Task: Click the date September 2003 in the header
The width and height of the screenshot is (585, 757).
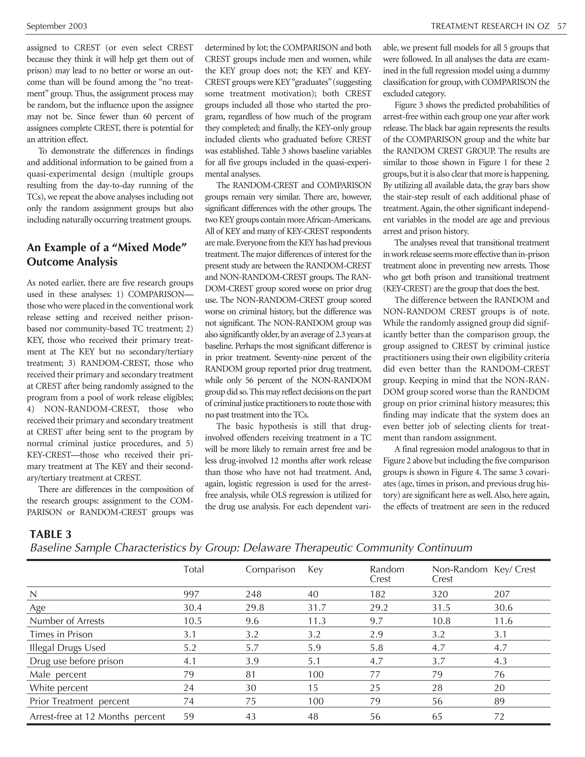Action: coord(57,26)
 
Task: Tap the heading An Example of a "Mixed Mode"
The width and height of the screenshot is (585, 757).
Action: coord(107,247)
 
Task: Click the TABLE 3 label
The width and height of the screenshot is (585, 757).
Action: coord(51,534)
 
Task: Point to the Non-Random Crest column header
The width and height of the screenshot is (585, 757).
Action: coord(459,574)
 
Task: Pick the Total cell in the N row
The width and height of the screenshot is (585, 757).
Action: coord(191,594)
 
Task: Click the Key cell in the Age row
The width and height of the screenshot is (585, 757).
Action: coord(317,608)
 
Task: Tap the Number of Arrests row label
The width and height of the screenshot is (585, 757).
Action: coord(67,621)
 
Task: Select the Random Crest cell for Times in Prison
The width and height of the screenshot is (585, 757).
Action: coord(376,634)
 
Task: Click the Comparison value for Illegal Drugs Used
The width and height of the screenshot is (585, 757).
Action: coord(252,648)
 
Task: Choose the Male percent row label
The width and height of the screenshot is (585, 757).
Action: coord(58,674)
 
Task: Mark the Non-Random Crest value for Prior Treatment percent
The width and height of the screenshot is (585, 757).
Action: coord(437,701)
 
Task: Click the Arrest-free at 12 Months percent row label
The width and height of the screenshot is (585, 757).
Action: coord(97,716)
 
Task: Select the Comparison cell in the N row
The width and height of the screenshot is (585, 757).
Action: coord(253,594)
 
